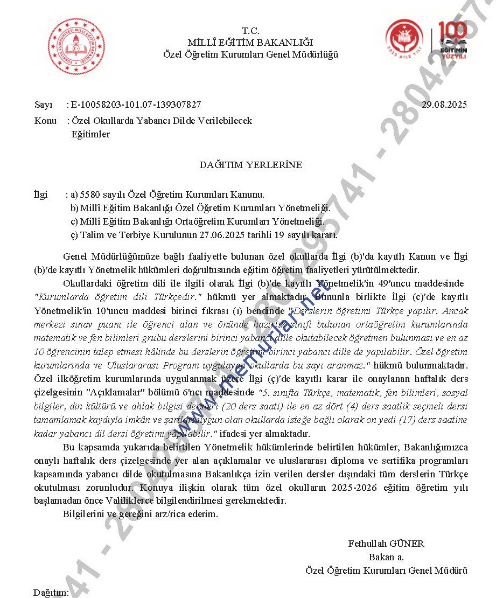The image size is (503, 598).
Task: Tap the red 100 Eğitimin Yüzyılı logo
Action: (x=453, y=40)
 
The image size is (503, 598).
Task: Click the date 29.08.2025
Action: (x=444, y=105)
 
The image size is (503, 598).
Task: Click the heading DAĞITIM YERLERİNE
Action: (x=251, y=165)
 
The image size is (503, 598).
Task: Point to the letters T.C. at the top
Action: (x=250, y=31)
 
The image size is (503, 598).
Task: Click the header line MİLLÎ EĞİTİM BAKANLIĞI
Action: (x=250, y=43)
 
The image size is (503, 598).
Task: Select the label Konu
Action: (x=45, y=121)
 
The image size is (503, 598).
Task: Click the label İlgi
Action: (x=40, y=194)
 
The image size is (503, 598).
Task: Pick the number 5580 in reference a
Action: (x=90, y=194)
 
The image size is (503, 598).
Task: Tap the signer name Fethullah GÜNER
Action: (x=386, y=544)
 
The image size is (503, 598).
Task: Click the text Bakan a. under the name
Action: (x=386, y=557)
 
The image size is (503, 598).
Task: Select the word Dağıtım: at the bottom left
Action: (x=51, y=593)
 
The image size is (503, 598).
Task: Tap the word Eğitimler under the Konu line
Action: (x=90, y=134)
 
